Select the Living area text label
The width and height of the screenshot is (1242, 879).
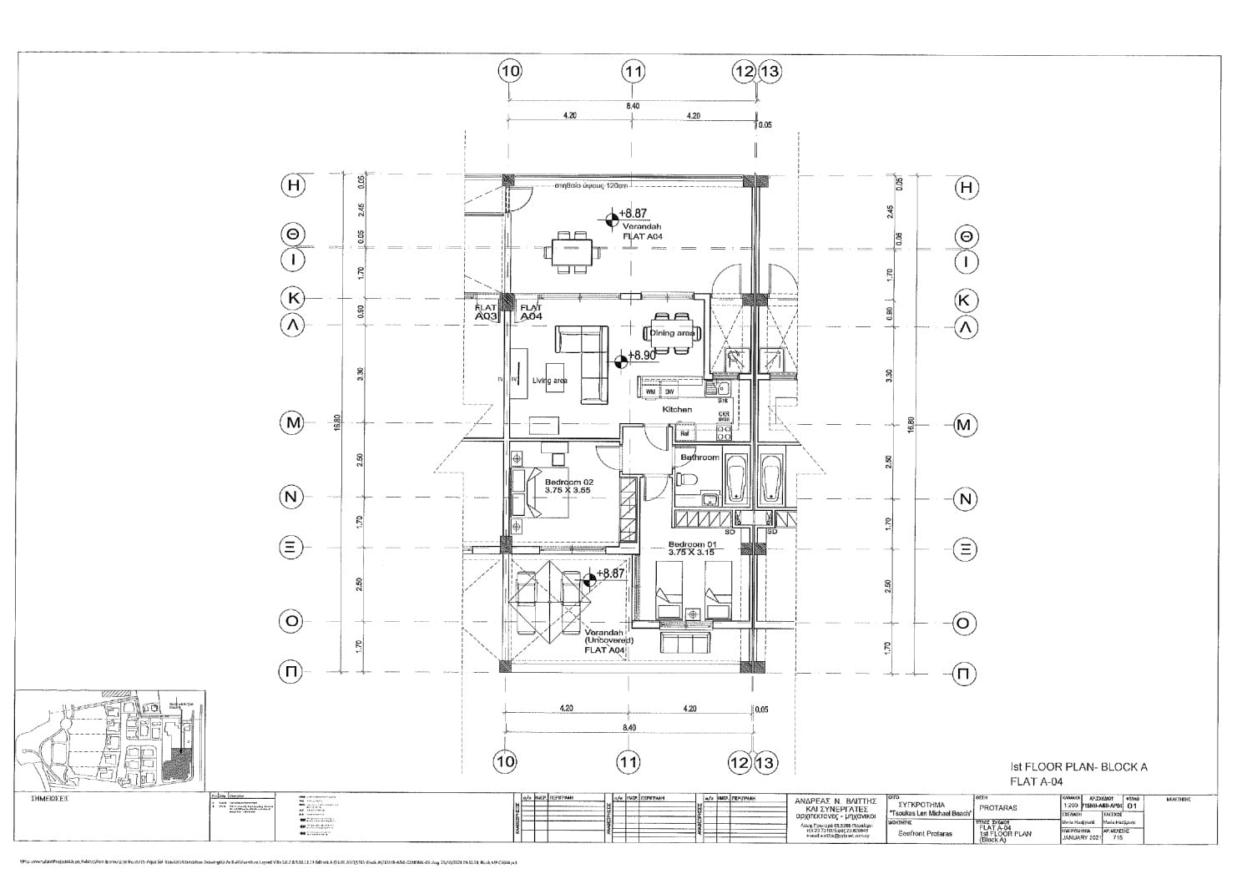[x=549, y=381]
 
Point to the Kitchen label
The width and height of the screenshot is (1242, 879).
[x=677, y=410]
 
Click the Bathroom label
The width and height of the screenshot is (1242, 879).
[x=699, y=457]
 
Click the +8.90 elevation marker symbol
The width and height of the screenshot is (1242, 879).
[x=621, y=361]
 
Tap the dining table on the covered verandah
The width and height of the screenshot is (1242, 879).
[x=572, y=250]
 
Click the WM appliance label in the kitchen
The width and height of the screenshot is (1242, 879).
[x=650, y=392]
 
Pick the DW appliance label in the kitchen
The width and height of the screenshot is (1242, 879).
[x=669, y=392]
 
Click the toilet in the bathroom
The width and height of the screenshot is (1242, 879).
[x=685, y=480]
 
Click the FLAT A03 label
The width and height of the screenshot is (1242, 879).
[x=486, y=313]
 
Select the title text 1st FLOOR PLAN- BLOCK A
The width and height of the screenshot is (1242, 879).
[x=1079, y=767]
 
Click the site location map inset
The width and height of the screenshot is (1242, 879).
[x=110, y=740]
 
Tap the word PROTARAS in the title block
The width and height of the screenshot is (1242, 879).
[x=997, y=807]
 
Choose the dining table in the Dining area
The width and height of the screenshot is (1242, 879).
[x=672, y=332]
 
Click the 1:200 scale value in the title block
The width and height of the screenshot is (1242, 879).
[x=1069, y=806]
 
